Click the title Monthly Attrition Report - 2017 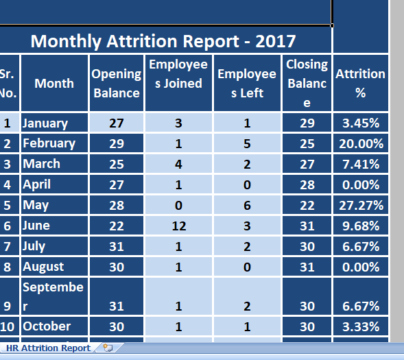pos(163,41)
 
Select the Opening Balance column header pos(117,83)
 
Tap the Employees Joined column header pos(178,83)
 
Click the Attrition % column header pos(361,83)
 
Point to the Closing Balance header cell pos(307,83)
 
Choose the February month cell pos(54,143)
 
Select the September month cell pos(54,296)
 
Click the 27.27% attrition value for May pos(361,205)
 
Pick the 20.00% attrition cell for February pos(361,143)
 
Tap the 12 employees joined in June pos(178,226)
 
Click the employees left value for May pos(247,205)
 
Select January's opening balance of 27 pos(117,123)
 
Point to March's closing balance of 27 pos(307,164)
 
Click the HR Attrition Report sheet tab pos(49,348)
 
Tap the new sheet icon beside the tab pos(108,348)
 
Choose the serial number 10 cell pos(8,326)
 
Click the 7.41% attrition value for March pos(361,164)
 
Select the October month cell pos(54,326)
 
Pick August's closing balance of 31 pos(307,267)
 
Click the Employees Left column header pos(247,83)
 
